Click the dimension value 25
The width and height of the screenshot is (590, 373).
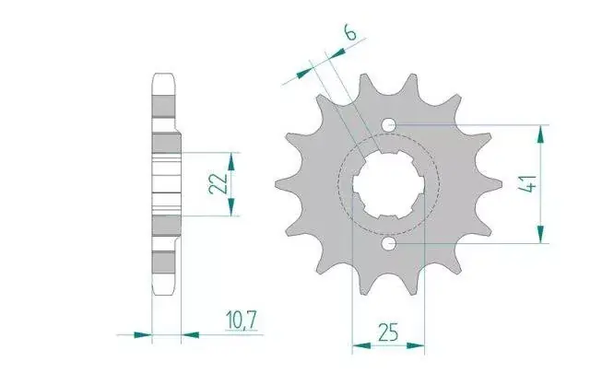point(388,332)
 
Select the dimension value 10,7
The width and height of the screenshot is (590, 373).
point(242,321)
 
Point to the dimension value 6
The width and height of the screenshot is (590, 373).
point(350,33)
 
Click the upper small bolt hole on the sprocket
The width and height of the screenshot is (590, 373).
point(389,124)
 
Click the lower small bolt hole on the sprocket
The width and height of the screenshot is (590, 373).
point(389,244)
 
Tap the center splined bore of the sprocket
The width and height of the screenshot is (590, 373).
point(389,184)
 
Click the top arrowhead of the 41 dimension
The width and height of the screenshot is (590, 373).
point(541,134)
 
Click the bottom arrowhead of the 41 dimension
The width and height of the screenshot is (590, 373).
point(541,234)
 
